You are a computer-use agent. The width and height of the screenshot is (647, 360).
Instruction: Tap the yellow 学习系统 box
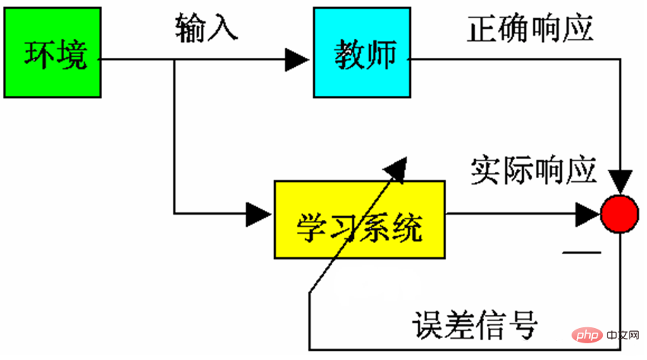tap(359, 219)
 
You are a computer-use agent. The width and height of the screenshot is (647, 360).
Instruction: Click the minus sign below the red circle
tap(576, 250)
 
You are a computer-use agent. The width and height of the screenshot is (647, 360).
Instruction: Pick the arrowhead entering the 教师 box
tap(298, 59)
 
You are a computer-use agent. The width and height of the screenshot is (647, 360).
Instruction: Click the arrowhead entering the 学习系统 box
tap(260, 213)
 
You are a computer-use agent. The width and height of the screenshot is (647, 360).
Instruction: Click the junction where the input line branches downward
tap(175, 59)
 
